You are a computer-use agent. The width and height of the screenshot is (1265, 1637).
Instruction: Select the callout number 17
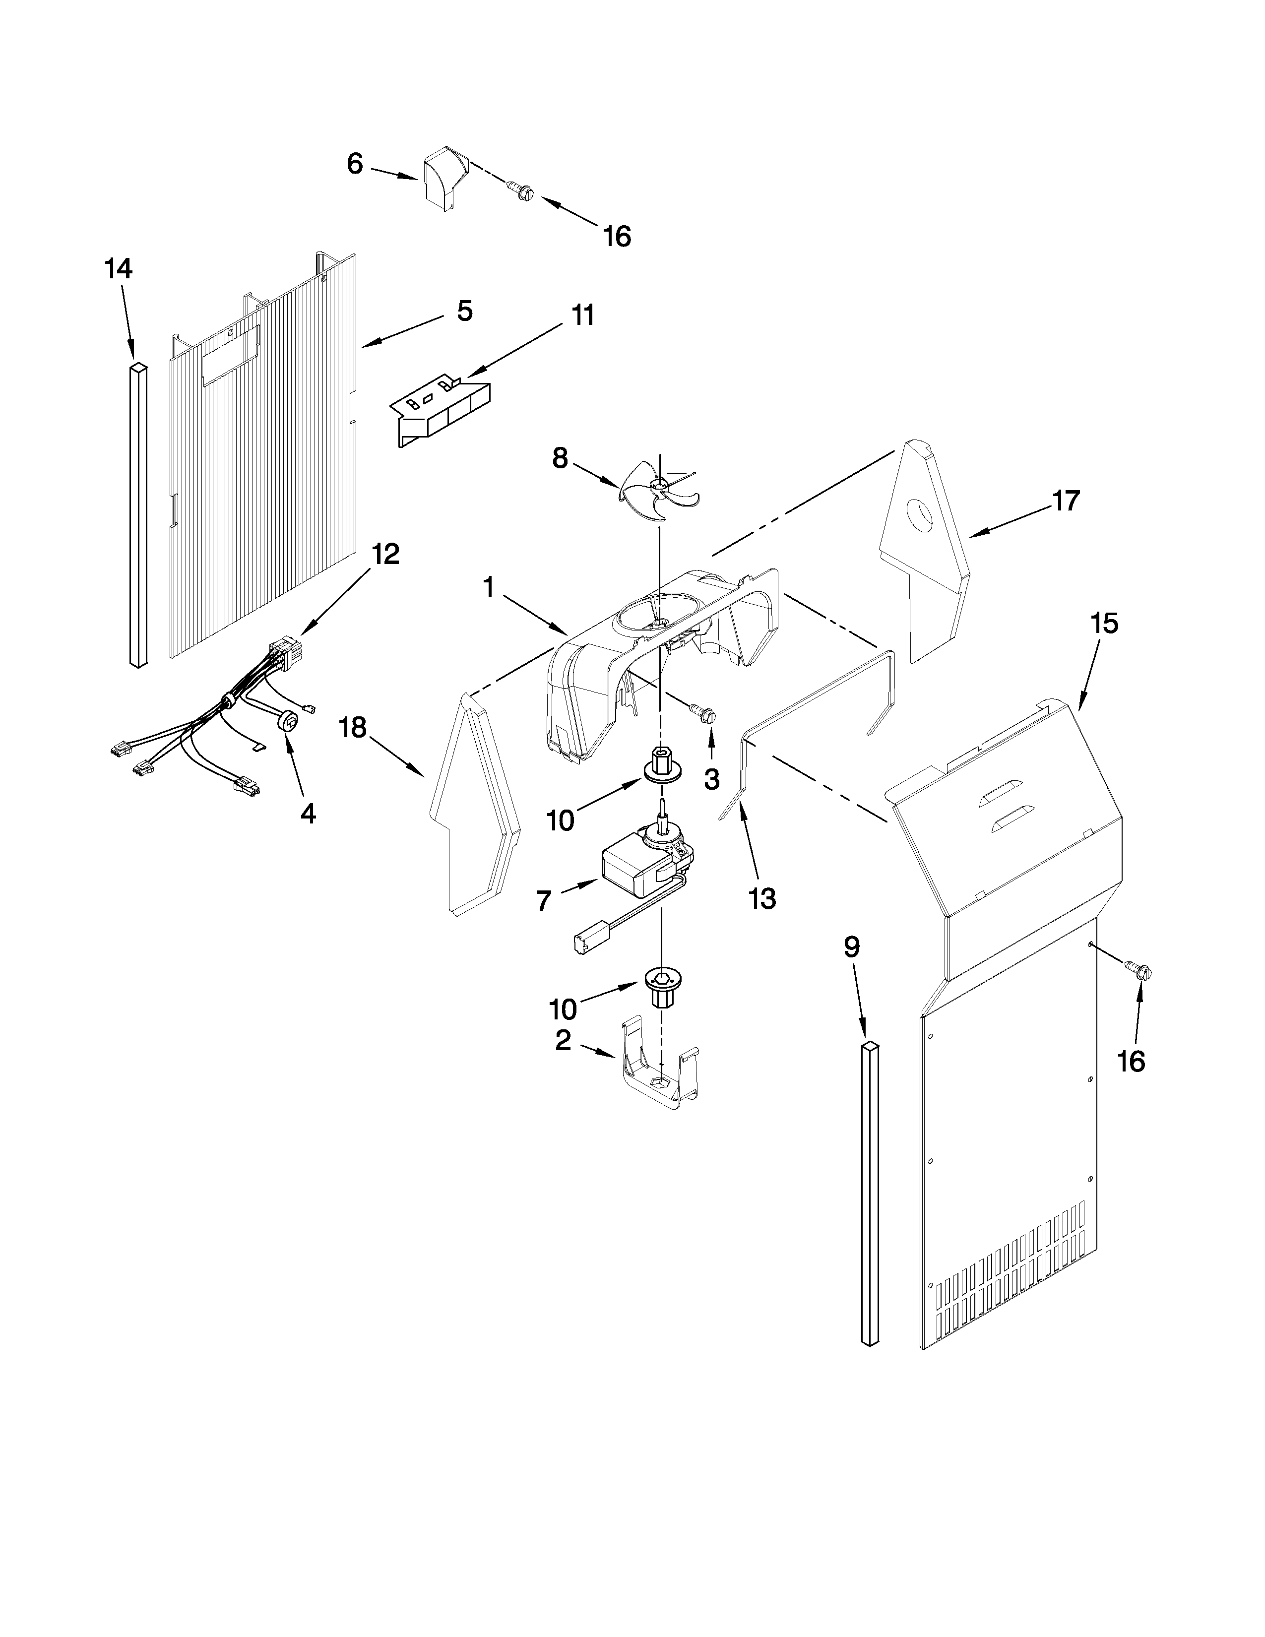1066,500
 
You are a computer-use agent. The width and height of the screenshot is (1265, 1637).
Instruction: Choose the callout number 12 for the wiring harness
385,555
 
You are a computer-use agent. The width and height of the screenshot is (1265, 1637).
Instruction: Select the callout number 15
1105,623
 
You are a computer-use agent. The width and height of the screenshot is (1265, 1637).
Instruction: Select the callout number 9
851,947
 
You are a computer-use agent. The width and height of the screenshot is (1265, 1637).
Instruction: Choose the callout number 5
465,311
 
